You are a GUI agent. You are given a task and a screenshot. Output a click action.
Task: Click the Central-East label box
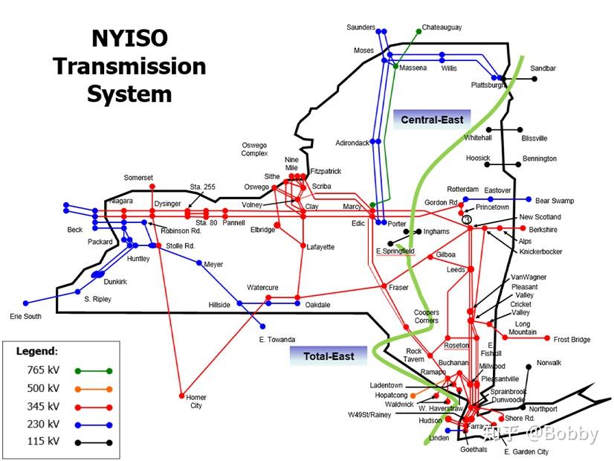click(x=432, y=120)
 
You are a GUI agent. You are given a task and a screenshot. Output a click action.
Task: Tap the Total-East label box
click(x=329, y=356)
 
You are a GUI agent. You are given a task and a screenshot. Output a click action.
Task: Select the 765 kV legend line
click(x=93, y=370)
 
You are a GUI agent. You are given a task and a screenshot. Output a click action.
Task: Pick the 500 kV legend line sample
click(x=93, y=388)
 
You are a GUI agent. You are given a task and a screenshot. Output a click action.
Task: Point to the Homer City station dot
click(x=181, y=396)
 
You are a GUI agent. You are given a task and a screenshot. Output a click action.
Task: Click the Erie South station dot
click(x=26, y=303)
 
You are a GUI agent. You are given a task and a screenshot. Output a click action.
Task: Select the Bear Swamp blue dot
click(x=529, y=200)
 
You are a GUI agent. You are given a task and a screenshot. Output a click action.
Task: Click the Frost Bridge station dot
click(x=547, y=339)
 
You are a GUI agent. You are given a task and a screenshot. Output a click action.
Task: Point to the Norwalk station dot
click(x=529, y=366)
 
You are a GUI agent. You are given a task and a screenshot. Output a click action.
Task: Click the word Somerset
click(x=138, y=178)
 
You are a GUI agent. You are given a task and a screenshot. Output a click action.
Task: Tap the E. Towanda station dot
click(x=262, y=326)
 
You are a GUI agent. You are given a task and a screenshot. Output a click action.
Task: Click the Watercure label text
click(x=263, y=288)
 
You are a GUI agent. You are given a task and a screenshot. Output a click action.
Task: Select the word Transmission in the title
click(x=129, y=65)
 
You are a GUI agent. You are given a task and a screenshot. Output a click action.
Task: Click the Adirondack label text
click(x=352, y=143)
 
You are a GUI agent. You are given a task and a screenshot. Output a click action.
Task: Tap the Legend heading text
click(x=36, y=350)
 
